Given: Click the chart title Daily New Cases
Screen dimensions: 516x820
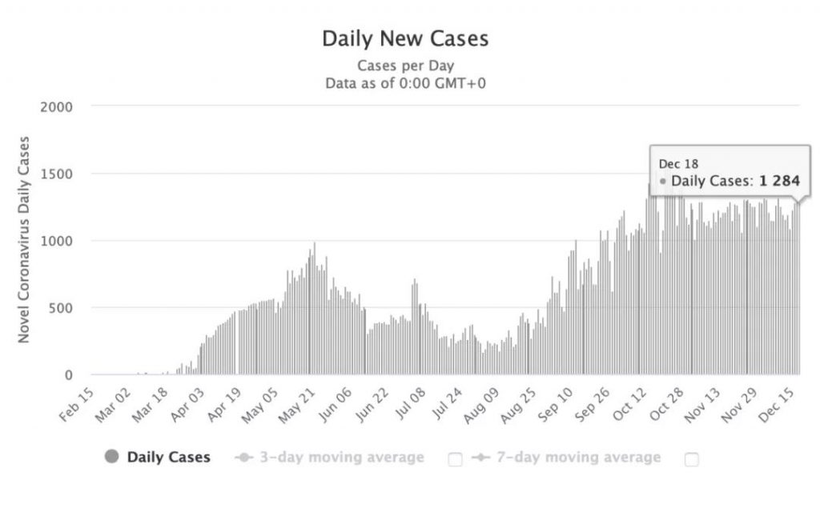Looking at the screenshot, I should [x=404, y=38].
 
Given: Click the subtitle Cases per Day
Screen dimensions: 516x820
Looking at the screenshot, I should [x=404, y=66].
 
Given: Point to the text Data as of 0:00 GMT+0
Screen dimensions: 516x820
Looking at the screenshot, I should [x=404, y=82].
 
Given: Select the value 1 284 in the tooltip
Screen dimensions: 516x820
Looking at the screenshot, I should [x=780, y=182].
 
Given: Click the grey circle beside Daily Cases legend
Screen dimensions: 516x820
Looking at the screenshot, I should [x=112, y=458].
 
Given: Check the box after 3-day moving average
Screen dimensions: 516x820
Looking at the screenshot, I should [x=455, y=459].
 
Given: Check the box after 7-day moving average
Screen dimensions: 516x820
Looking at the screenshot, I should [x=692, y=459].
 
